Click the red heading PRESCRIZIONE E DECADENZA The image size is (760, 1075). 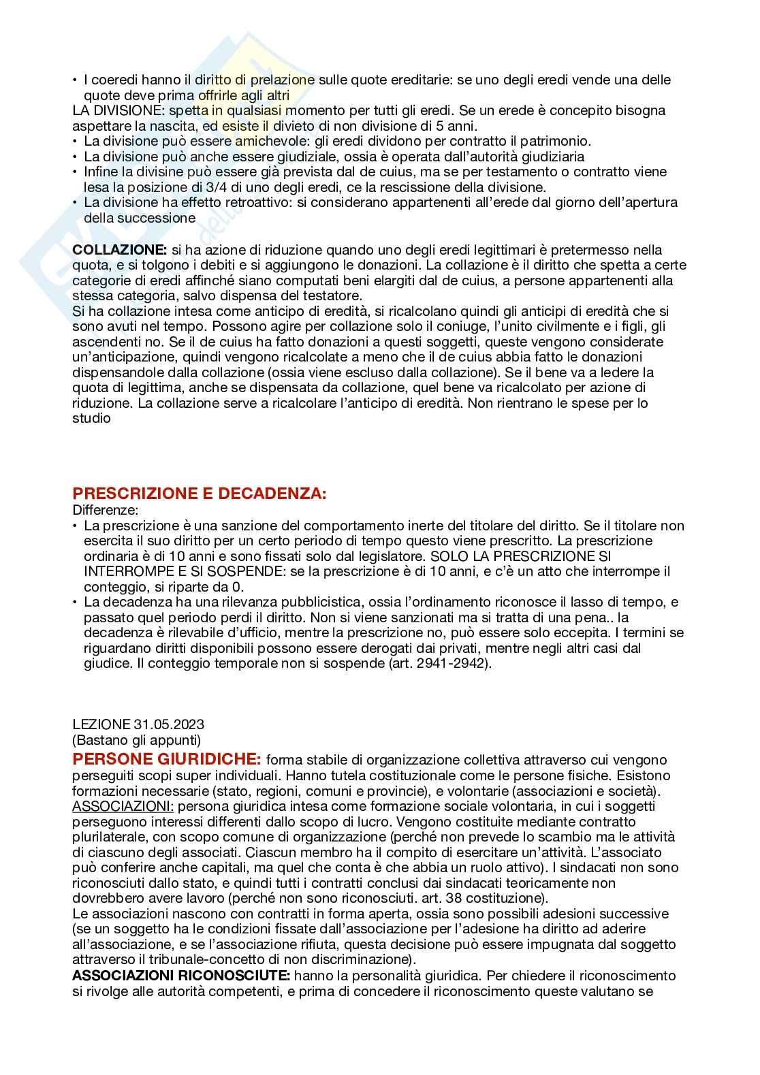coord(199,494)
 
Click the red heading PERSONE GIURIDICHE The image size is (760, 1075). coord(166,759)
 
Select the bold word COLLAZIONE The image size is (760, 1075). coord(119,250)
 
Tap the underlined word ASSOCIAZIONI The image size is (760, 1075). coord(123,806)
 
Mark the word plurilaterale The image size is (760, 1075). coord(112,837)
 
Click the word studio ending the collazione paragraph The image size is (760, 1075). coord(91,418)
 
